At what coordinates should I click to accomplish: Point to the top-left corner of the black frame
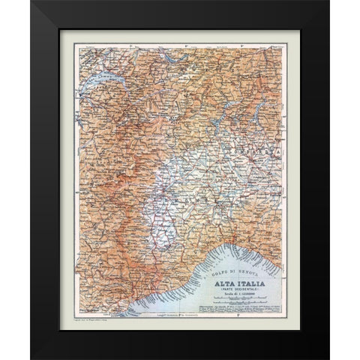(31, 1)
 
